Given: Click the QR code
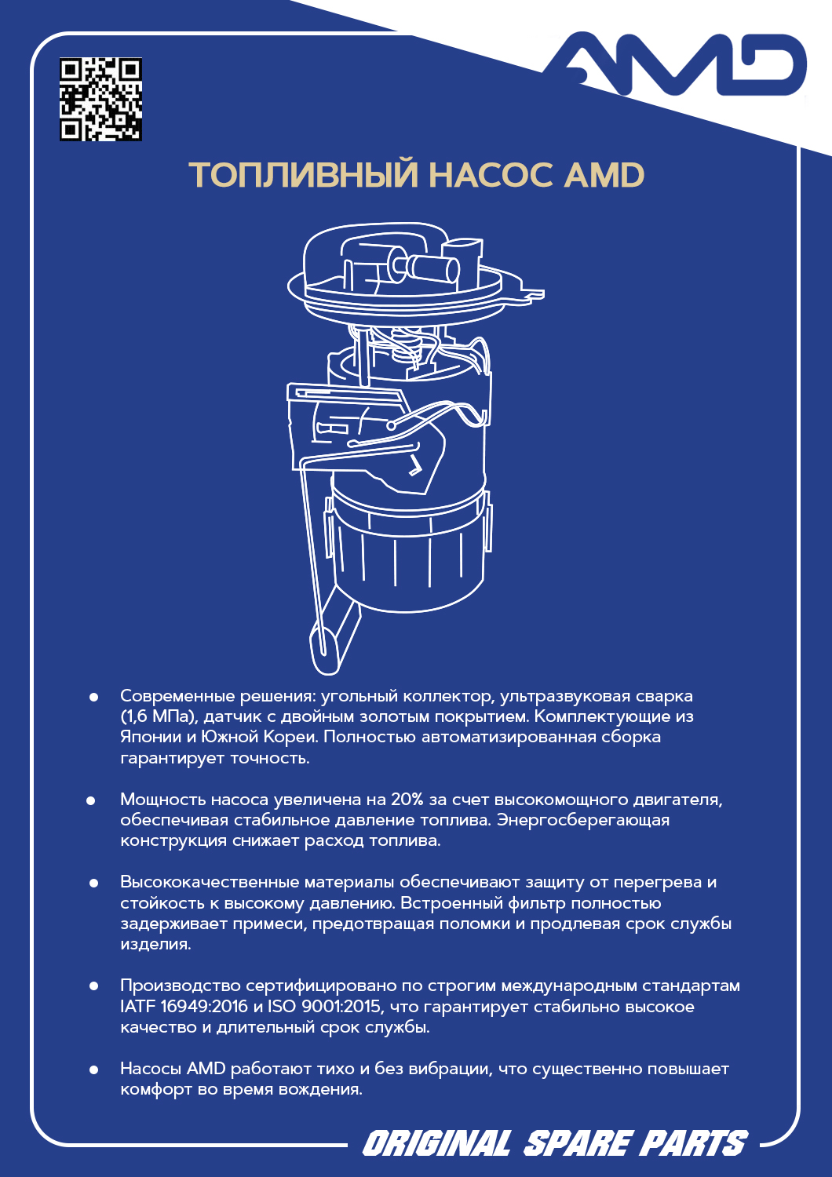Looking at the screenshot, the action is [x=100, y=100].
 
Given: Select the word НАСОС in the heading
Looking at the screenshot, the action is [x=491, y=175].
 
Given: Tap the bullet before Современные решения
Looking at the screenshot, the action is [x=94, y=697].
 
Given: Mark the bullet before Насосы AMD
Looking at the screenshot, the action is [x=94, y=1070].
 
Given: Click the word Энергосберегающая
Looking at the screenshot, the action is [x=583, y=820].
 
